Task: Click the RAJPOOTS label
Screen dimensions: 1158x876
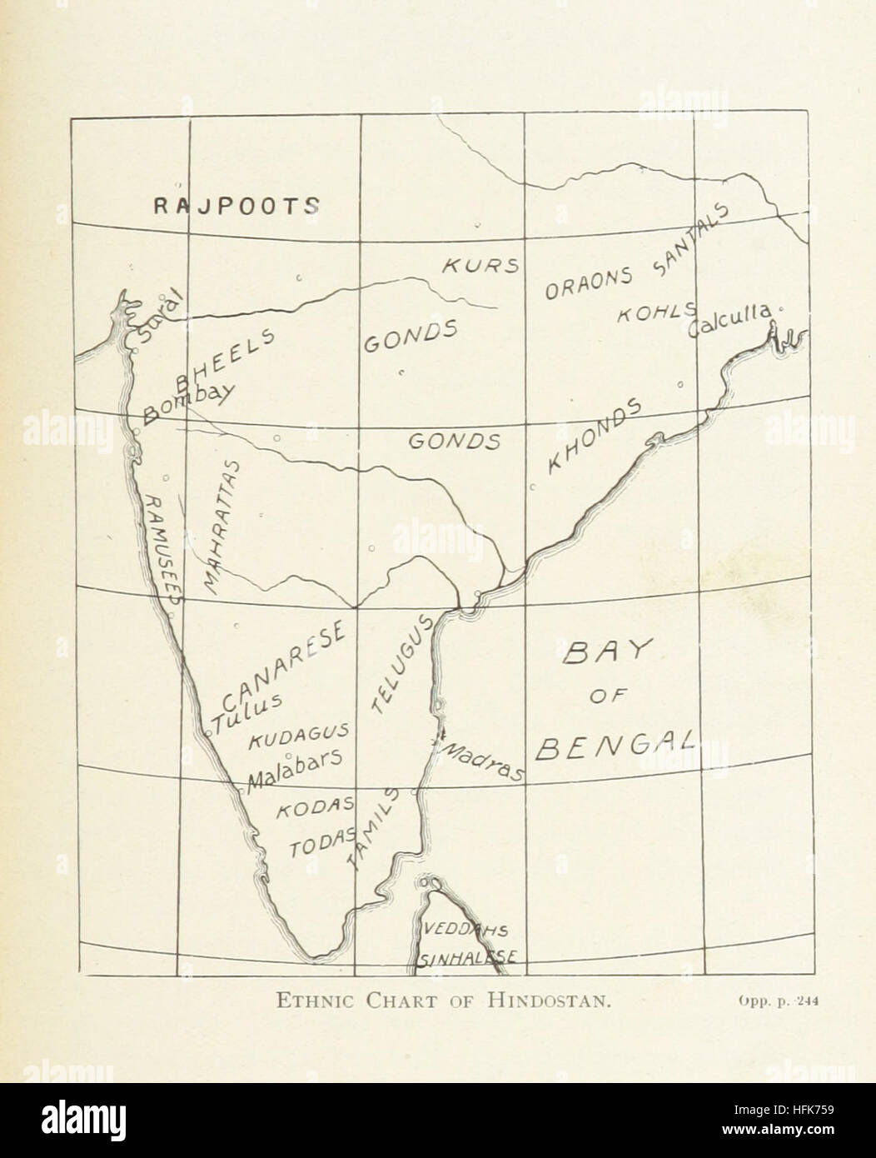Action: click(236, 206)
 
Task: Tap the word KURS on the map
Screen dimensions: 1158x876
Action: click(480, 266)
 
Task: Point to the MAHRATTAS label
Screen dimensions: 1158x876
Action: click(221, 527)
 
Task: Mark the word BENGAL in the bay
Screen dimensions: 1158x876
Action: click(615, 744)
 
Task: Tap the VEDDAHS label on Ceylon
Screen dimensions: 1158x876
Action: click(465, 929)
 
